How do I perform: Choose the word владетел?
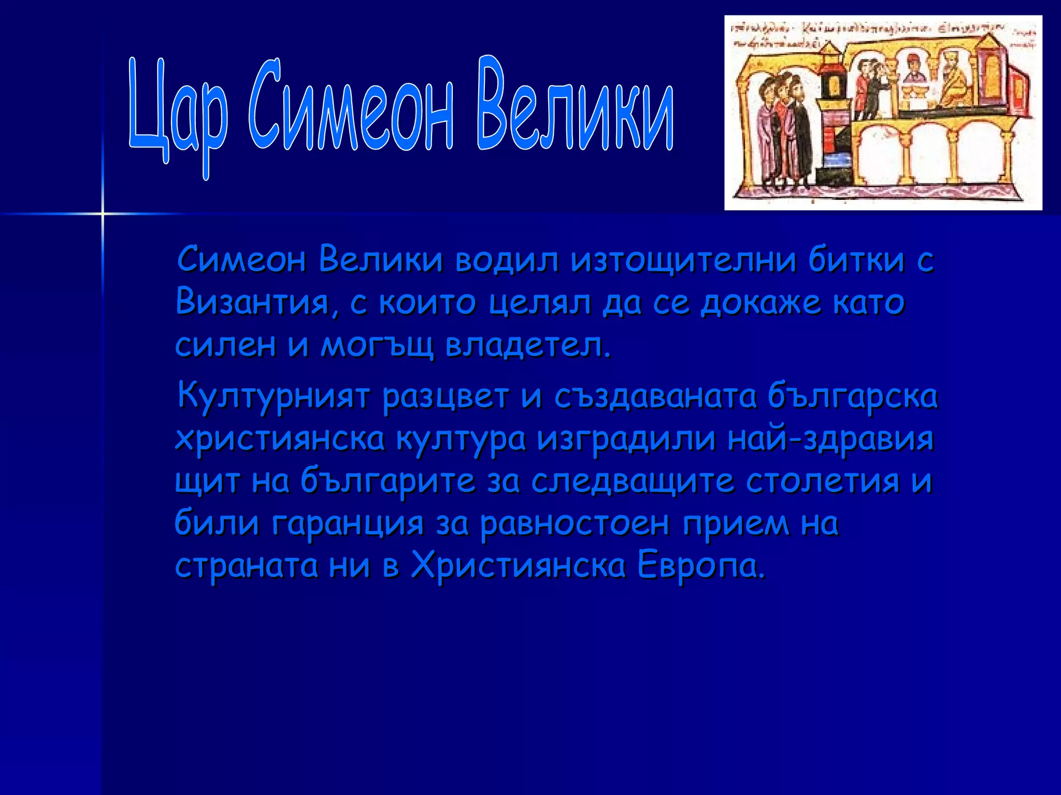(x=528, y=345)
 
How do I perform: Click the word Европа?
(x=700, y=566)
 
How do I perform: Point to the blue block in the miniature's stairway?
(x=835, y=159)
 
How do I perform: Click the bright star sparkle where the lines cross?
(x=103, y=213)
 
